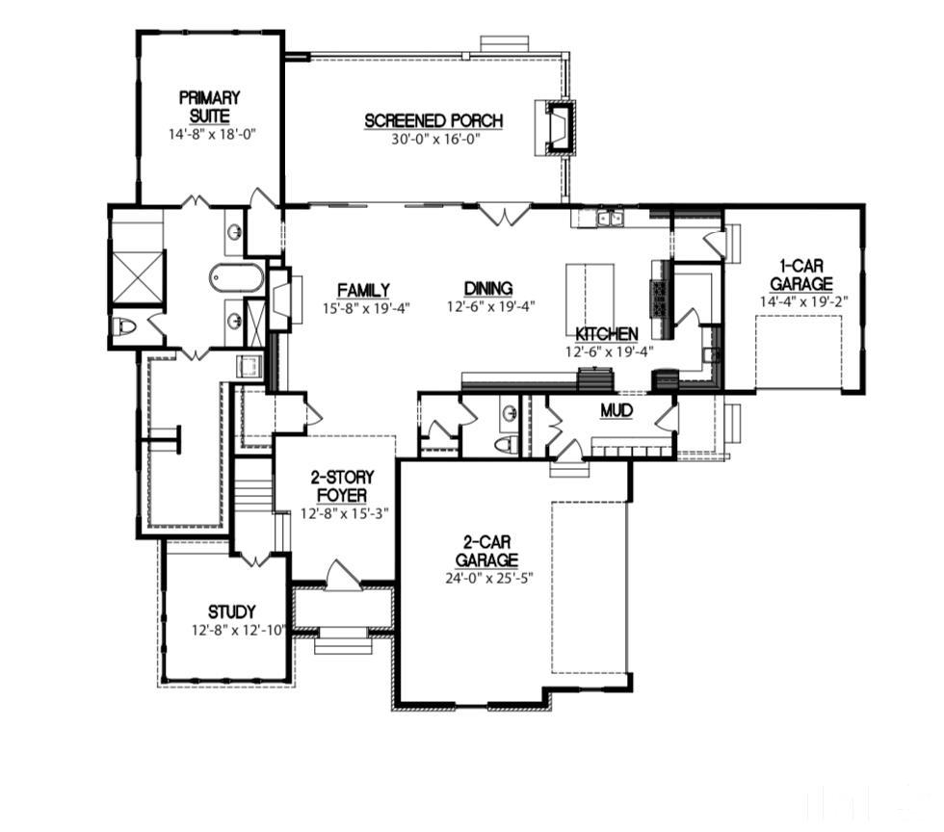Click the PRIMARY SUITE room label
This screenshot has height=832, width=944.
click(x=209, y=106)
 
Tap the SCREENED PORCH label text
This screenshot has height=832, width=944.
click(x=433, y=121)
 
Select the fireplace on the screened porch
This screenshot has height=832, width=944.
click(x=558, y=127)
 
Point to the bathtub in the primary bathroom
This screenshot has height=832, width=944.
click(x=235, y=278)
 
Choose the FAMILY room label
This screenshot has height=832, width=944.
click(x=363, y=290)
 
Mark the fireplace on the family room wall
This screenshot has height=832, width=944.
click(x=280, y=299)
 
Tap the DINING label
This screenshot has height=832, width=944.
click(x=488, y=289)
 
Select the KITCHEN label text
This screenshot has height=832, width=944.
click(x=607, y=333)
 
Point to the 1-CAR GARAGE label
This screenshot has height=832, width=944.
click(x=800, y=274)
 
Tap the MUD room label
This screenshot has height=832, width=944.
click(x=616, y=411)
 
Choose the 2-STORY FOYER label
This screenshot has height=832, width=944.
click(x=342, y=486)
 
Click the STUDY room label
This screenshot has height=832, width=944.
click(x=232, y=611)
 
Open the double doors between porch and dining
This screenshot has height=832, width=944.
click(x=505, y=213)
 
